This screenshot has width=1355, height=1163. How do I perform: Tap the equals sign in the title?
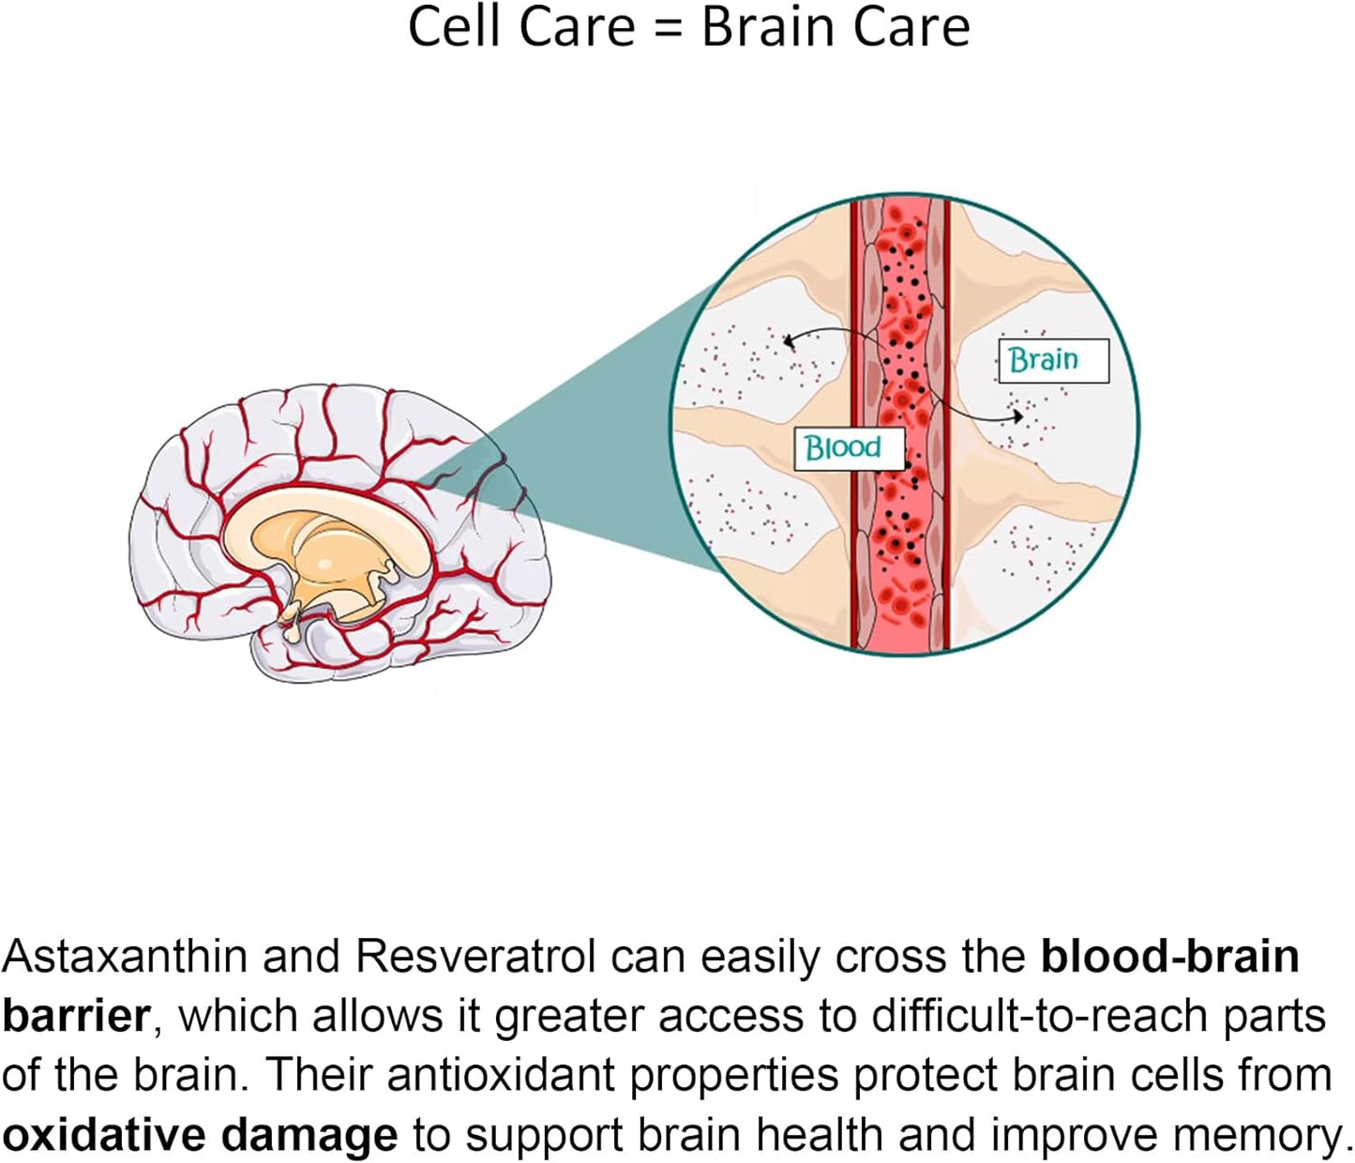[667, 28]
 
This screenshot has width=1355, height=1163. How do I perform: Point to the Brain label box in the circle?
[1053, 360]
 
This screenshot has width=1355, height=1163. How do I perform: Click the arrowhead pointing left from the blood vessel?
[789, 341]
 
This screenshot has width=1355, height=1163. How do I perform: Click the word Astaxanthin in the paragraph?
[125, 957]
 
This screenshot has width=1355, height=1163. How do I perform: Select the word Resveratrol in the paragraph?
[474, 957]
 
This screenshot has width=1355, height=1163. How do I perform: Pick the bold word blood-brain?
[1169, 957]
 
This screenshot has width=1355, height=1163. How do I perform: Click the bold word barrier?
[75, 1016]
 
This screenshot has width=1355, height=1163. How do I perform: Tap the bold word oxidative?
[103, 1135]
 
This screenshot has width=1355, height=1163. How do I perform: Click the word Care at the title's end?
[916, 27]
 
